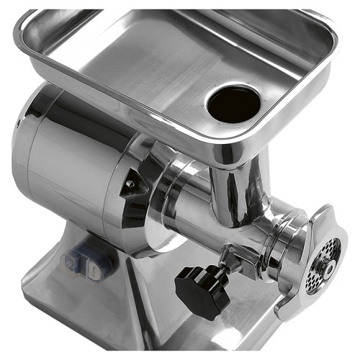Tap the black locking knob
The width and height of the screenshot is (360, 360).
(202, 291)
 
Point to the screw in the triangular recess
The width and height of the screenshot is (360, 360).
(132, 184)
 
